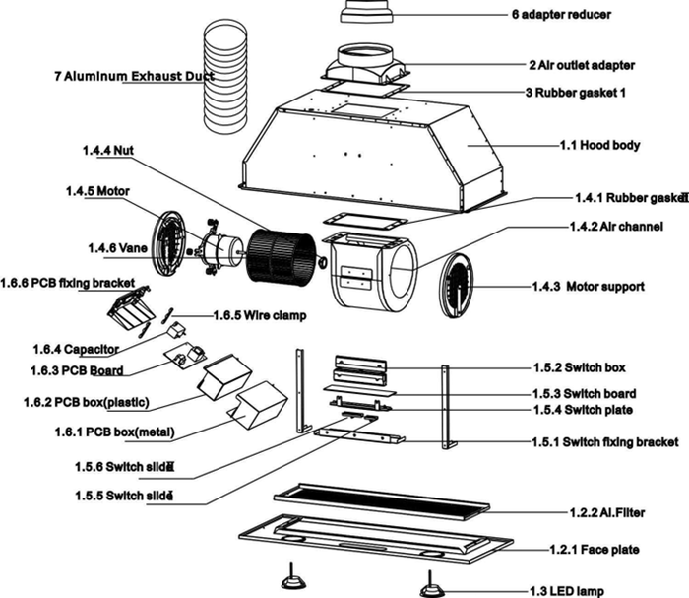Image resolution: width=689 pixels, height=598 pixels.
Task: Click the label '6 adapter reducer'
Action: [561, 15]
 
